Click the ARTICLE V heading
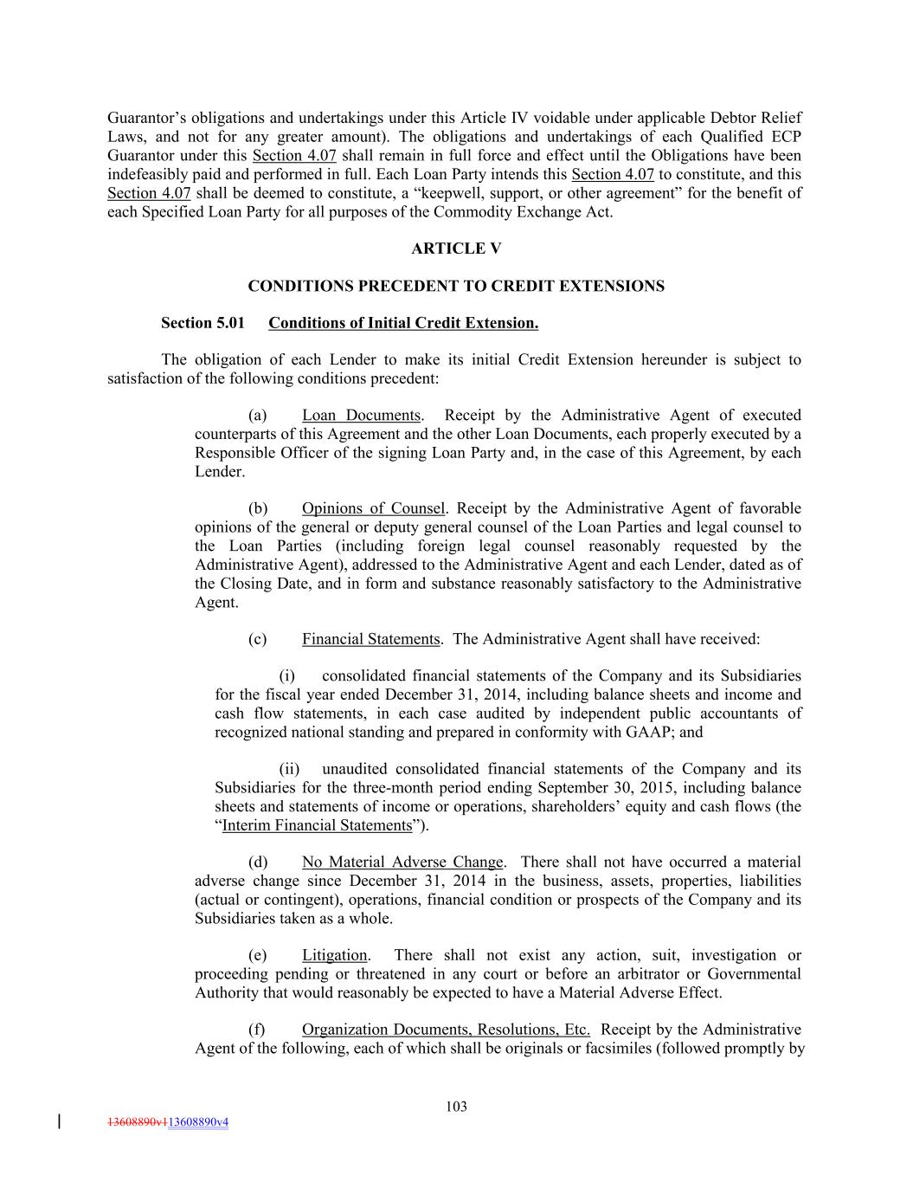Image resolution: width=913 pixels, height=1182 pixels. [x=456, y=249]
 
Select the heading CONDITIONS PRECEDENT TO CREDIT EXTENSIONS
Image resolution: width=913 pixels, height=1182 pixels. [x=456, y=286]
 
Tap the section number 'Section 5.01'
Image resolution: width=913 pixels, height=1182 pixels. [x=198, y=323]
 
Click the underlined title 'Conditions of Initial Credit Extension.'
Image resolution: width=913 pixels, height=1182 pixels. [x=403, y=323]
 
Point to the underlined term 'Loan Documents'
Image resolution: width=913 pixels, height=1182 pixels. [x=361, y=416]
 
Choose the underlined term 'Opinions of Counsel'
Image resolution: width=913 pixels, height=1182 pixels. [x=373, y=508]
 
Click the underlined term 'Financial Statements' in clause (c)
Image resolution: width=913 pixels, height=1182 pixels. [x=370, y=639]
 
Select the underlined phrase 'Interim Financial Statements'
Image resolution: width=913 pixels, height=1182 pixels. [x=317, y=825]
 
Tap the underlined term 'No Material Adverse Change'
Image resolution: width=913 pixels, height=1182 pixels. [x=402, y=862]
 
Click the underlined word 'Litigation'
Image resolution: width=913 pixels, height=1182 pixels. [x=334, y=955]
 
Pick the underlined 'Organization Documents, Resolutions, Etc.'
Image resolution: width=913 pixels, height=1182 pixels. [x=446, y=1030]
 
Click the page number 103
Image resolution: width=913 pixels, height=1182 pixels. [x=456, y=1106]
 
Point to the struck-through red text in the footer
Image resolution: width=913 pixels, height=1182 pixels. [x=137, y=1122]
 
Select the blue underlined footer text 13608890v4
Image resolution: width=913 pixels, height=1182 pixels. [x=198, y=1122]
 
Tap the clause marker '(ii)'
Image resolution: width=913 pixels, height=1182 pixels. [x=289, y=769]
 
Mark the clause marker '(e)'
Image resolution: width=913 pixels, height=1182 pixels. [x=257, y=955]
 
